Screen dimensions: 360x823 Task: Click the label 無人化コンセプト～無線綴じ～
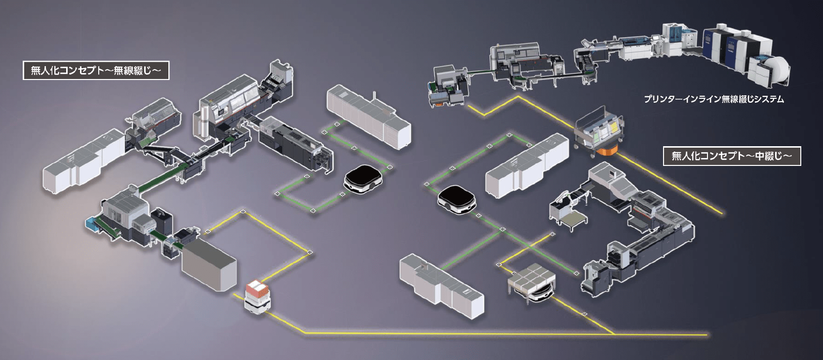[96, 71]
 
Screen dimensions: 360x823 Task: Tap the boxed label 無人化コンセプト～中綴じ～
[731, 156]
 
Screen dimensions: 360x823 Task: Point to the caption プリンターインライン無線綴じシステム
[713, 99]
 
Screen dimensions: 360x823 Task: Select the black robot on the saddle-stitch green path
[457, 200]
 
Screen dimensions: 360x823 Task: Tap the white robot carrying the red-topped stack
[257, 297]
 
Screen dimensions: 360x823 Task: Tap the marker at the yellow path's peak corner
[242, 213]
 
